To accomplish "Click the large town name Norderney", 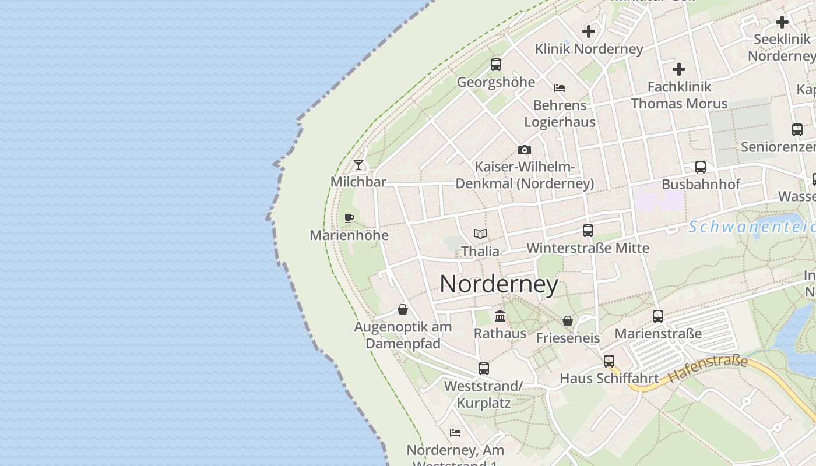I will click(x=499, y=284).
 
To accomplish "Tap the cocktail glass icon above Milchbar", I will click(x=358, y=165).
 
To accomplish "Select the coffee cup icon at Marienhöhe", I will click(x=349, y=218).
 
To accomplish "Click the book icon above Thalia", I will click(x=480, y=234).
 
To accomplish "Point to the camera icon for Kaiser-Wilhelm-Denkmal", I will click(x=525, y=150).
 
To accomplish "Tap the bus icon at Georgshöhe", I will click(x=496, y=65).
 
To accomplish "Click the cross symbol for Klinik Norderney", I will click(x=589, y=31).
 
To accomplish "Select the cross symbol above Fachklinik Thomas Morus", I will click(x=679, y=69).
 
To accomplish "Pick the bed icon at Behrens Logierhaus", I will click(x=560, y=88).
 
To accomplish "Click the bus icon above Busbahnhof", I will click(x=701, y=167).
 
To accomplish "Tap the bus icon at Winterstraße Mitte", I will click(x=588, y=231).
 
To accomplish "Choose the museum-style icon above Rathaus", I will click(x=500, y=316).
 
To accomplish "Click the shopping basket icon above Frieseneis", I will click(x=568, y=321).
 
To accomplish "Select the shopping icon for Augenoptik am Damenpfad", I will click(x=403, y=309).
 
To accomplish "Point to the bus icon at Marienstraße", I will click(x=658, y=316).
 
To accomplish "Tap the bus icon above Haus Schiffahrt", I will click(x=609, y=361).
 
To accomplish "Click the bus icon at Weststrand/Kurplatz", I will click(x=484, y=369).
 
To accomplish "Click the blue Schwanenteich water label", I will click(x=752, y=227).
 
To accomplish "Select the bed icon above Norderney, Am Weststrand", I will click(x=455, y=433).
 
